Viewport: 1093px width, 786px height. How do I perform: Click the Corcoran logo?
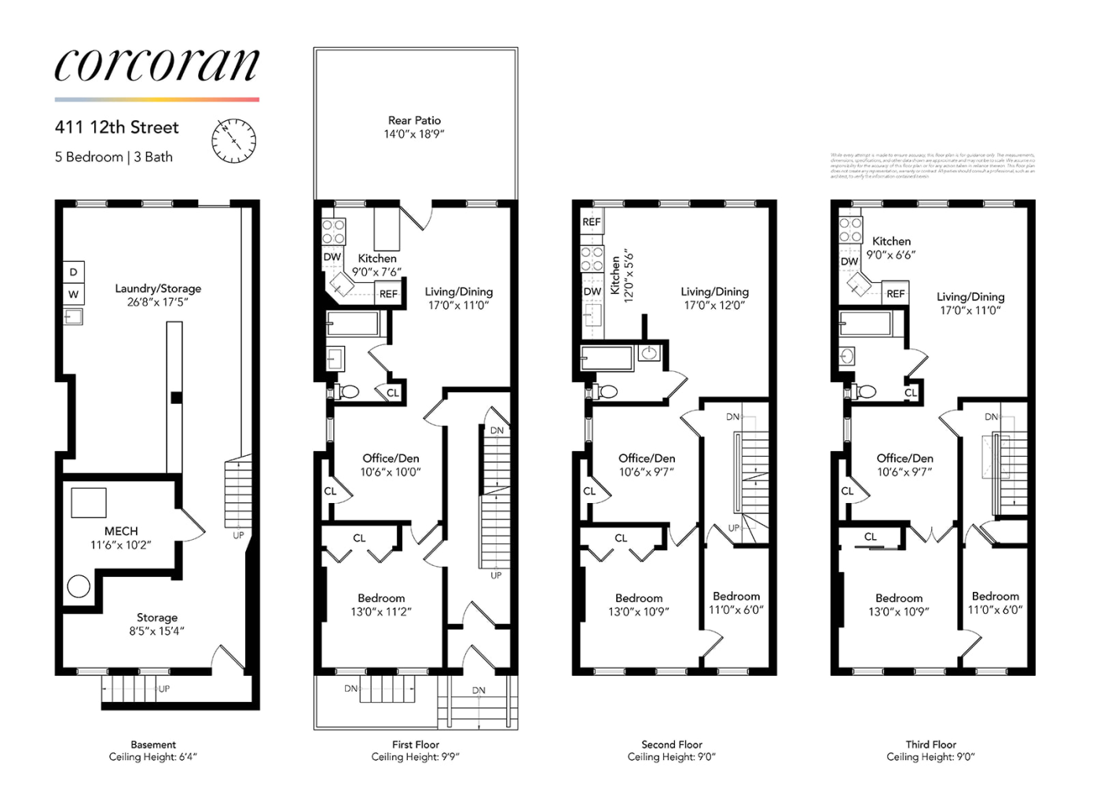[156, 64]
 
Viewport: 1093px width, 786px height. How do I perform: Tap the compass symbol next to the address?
[233, 141]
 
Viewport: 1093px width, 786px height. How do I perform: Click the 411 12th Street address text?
[117, 127]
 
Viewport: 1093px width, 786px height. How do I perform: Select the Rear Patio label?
[414, 127]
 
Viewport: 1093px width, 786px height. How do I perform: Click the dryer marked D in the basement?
[73, 272]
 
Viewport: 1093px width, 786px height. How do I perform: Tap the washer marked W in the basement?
[73, 295]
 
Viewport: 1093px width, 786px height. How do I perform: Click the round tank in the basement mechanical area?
[79, 586]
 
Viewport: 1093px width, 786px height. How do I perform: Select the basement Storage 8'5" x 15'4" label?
[156, 624]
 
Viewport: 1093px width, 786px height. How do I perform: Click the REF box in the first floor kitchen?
[388, 294]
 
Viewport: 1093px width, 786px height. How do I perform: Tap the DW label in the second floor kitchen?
[592, 292]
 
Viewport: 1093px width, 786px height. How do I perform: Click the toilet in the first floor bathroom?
[347, 391]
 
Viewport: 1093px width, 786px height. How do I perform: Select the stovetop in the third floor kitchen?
[850, 230]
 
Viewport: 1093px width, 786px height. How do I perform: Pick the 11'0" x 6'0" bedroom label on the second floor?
[736, 603]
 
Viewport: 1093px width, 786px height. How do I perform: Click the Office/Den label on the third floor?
[904, 465]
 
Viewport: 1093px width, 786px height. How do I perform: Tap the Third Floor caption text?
[930, 744]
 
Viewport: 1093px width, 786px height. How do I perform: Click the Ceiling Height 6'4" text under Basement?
[153, 757]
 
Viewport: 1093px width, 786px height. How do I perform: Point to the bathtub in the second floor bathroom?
[607, 358]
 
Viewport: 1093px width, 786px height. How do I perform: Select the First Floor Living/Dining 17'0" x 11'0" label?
[458, 298]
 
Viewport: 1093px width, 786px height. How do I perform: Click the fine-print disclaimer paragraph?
[933, 166]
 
